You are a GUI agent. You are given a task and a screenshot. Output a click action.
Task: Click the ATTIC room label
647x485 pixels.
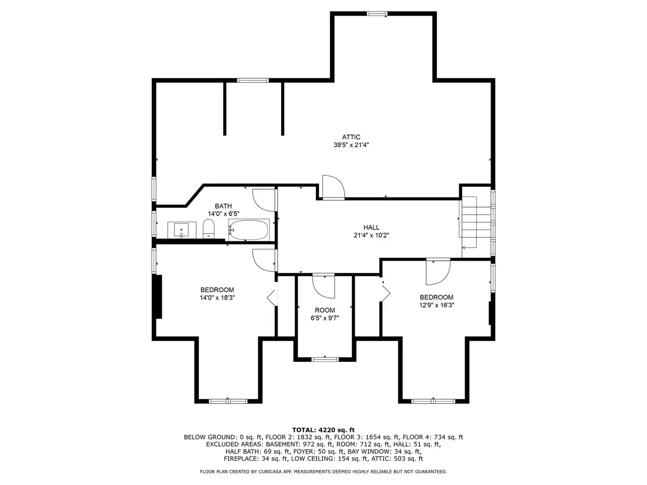351,137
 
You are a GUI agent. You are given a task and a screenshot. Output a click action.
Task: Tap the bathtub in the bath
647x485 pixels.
249,230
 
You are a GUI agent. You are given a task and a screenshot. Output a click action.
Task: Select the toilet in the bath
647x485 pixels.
208,228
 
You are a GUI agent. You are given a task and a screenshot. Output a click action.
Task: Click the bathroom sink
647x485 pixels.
181,230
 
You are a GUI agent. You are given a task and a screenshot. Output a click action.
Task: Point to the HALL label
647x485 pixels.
372,227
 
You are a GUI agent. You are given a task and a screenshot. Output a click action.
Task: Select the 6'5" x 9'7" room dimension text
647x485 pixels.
325,318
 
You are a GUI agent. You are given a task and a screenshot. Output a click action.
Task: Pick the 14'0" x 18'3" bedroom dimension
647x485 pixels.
217,298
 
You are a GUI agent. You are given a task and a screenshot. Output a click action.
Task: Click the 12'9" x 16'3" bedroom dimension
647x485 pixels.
437,305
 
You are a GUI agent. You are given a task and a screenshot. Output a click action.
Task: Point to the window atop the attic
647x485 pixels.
377,13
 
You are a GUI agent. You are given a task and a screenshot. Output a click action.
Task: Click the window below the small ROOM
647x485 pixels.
325,359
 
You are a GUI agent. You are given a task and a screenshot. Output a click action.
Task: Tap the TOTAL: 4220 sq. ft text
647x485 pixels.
323,430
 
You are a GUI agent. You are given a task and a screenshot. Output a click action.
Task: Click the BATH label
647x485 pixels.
223,206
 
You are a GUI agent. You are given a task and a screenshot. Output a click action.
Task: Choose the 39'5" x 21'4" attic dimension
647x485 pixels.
351,145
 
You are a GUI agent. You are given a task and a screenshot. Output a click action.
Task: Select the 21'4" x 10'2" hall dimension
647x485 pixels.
372,235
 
